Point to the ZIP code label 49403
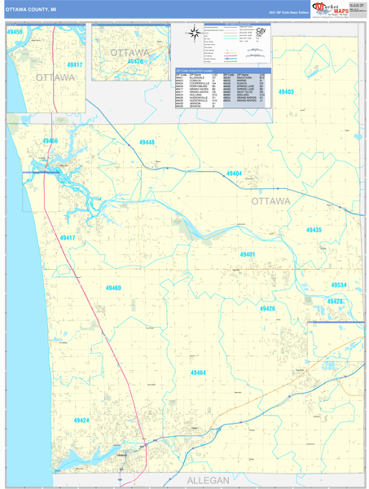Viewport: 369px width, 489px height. (x=286, y=92)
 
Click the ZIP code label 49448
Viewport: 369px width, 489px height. (x=146, y=143)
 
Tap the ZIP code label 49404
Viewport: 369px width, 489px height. (x=234, y=174)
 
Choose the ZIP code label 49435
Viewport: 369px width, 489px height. (x=314, y=230)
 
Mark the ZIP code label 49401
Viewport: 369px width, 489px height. (x=248, y=255)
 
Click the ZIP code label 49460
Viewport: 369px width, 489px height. (x=113, y=288)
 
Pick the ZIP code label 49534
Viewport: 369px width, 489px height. (x=339, y=285)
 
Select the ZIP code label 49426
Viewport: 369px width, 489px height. (x=267, y=309)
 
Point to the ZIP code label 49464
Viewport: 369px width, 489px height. (x=198, y=372)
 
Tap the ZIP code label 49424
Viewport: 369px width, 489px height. (x=81, y=421)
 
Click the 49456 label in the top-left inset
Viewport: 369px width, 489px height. (x=14, y=32)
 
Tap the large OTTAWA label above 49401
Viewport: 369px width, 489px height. (x=270, y=200)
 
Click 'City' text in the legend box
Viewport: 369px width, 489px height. (x=260, y=32)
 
